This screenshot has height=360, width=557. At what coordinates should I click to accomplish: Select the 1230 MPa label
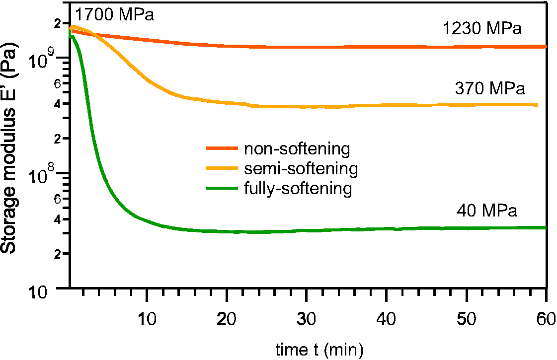click(x=482, y=29)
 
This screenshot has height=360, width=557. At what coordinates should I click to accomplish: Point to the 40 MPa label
click(x=487, y=211)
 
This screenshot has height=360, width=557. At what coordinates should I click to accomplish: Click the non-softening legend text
click(x=297, y=148)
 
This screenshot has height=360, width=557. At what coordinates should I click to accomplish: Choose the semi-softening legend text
click(x=301, y=168)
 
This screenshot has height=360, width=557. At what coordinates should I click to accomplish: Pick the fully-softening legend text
click(x=298, y=189)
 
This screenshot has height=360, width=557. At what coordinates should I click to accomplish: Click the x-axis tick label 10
click(x=147, y=318)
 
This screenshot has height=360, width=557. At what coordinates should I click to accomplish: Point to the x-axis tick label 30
click(x=307, y=318)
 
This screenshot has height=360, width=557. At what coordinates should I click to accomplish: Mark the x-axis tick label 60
click(x=546, y=318)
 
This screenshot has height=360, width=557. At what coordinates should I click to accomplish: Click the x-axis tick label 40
click(x=387, y=318)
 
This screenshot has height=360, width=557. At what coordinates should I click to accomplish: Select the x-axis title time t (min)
click(x=319, y=350)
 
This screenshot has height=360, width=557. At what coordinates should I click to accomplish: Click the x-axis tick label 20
click(x=227, y=318)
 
